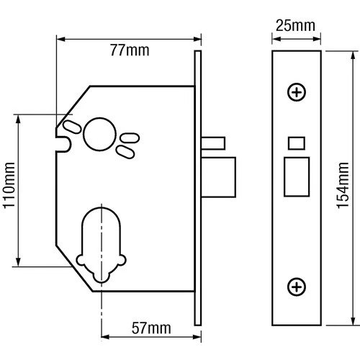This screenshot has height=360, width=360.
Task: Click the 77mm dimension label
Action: [130, 50]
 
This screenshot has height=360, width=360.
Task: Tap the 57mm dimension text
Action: [151, 328]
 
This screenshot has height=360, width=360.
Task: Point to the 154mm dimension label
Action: [342, 185]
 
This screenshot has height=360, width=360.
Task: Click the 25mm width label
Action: [295, 26]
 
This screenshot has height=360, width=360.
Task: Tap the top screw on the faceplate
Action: [297, 92]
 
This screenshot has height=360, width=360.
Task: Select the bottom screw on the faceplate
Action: [297, 287]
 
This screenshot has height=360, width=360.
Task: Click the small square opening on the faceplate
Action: [297, 143]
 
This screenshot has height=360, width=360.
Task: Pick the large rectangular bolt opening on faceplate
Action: [297, 177]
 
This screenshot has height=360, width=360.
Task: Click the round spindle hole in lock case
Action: [99, 134]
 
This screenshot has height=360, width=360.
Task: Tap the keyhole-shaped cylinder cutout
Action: [102, 244]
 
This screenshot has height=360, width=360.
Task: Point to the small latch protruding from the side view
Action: [213, 143]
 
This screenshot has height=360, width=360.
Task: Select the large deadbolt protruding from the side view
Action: [218, 177]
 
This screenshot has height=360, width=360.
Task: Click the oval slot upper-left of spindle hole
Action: [72, 127]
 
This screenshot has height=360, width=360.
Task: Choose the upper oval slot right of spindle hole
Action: [130, 138]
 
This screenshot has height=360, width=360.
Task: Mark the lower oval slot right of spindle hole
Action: [125, 152]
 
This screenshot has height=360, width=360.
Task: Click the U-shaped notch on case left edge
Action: [64, 144]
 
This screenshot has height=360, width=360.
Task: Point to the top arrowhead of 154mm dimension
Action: [353, 55]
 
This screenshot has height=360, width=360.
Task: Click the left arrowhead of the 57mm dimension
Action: [106, 337]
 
